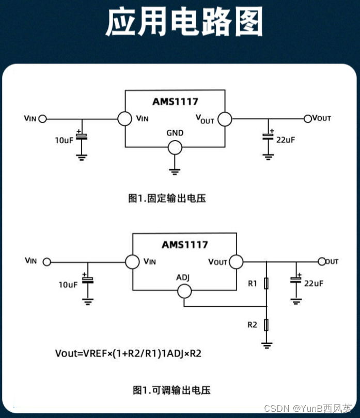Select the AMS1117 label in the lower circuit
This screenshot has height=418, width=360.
(x=185, y=244)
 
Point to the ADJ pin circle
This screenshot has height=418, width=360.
(x=184, y=292)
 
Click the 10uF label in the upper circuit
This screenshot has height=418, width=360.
(x=65, y=140)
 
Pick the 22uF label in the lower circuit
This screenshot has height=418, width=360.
(x=314, y=283)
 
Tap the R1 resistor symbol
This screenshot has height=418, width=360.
(x=266, y=284)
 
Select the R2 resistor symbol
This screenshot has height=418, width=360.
(x=266, y=324)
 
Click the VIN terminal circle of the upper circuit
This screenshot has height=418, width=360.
(x=43, y=118)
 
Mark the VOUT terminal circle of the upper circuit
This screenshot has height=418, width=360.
(x=308, y=118)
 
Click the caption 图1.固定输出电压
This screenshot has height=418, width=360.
(x=167, y=198)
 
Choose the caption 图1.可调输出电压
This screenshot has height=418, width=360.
(x=171, y=390)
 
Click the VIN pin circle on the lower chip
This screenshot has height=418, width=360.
(x=132, y=261)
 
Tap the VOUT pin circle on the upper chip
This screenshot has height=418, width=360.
(x=224, y=119)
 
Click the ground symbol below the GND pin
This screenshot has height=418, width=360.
(x=175, y=170)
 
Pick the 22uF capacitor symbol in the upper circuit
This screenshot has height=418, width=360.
(x=268, y=136)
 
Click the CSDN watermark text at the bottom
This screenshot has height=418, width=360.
(x=308, y=408)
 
